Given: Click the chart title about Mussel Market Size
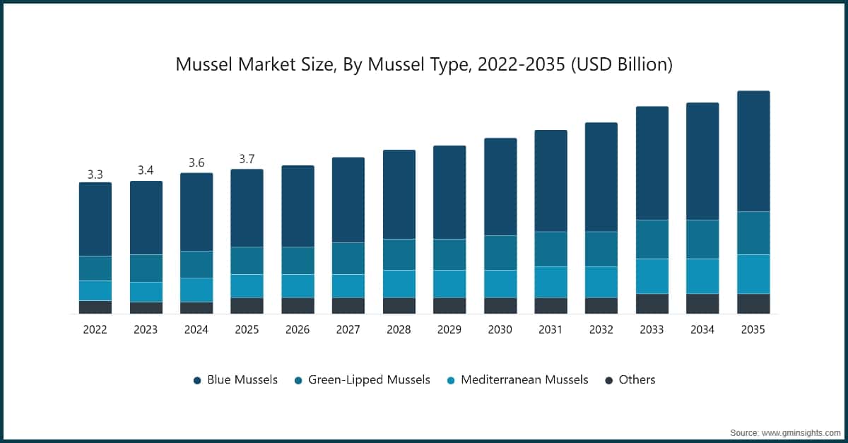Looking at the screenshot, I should pos(424,65).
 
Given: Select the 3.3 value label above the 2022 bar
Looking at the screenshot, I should pos(95,174).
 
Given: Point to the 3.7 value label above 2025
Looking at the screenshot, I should pos(247,160).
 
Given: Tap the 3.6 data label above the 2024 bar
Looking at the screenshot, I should pos(196,163).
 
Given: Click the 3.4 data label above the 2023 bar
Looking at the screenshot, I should pos(146,170).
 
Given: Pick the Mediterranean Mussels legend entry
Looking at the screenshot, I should pos(517,380).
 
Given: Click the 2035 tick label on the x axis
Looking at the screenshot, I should pos(753,329).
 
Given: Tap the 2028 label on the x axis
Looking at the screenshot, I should pos(399,329).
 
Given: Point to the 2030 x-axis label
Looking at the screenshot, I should pos(500,329).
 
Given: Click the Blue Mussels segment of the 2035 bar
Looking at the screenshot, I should pos(753,151).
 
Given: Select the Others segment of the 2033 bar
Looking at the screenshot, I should pos(652,304).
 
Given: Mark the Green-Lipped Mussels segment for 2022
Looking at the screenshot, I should pos(95,268).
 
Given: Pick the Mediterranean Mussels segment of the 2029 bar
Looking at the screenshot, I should pos(449,284).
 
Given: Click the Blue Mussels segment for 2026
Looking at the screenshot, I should pos(298,206).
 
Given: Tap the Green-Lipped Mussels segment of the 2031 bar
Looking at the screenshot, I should pos(550,249).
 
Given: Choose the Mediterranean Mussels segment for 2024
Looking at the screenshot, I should pos(196,290).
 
